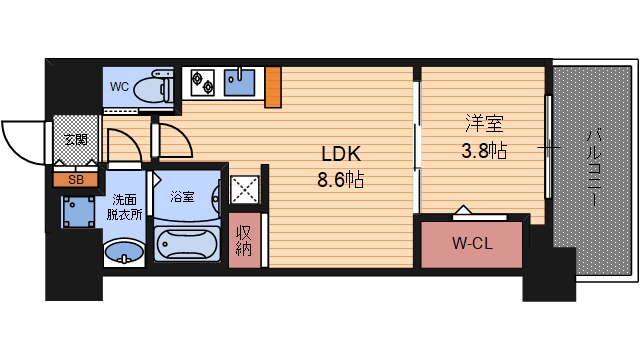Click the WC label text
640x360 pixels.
click(119, 86)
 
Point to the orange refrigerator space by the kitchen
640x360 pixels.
click(273, 84)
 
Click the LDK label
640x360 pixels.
click(340, 155)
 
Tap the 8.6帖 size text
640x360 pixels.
click(341, 181)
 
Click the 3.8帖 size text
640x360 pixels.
click(482, 152)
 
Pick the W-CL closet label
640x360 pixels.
click(472, 242)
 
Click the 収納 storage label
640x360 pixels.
click(243, 241)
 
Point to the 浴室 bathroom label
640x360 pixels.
click(181, 196)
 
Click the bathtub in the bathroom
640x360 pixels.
click(187, 243)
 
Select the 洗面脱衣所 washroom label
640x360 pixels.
click(125, 206)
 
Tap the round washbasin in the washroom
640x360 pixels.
click(124, 251)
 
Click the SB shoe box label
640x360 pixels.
click(75, 180)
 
